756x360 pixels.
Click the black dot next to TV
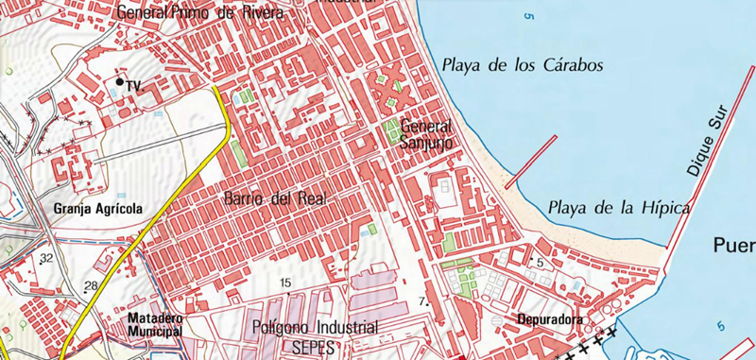click(x=119, y=83)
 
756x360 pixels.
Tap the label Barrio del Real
click(x=275, y=199)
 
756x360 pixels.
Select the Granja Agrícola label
click(x=98, y=209)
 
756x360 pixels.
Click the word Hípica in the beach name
click(x=660, y=208)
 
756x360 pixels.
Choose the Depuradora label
click(x=550, y=319)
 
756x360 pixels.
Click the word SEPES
click(x=315, y=346)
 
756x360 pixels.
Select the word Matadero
click(x=154, y=318)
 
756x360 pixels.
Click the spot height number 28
click(x=91, y=285)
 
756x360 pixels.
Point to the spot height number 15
click(x=285, y=283)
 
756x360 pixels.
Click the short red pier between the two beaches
click(x=531, y=163)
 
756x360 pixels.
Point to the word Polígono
click(x=284, y=328)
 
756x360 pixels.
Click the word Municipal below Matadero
click(x=154, y=333)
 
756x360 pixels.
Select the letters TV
click(x=133, y=86)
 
